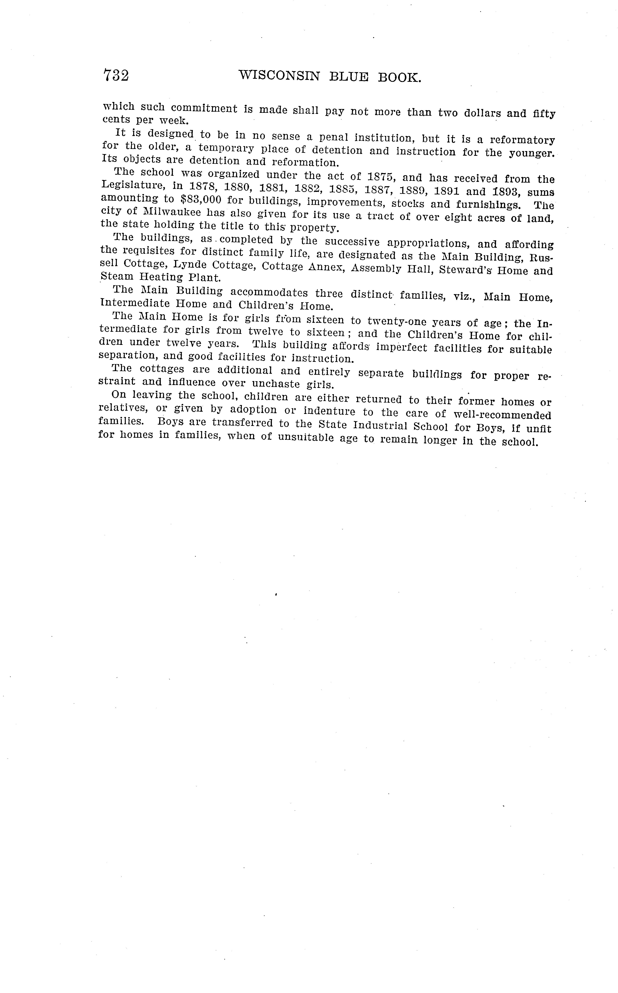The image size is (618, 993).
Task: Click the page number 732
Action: [116, 76]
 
